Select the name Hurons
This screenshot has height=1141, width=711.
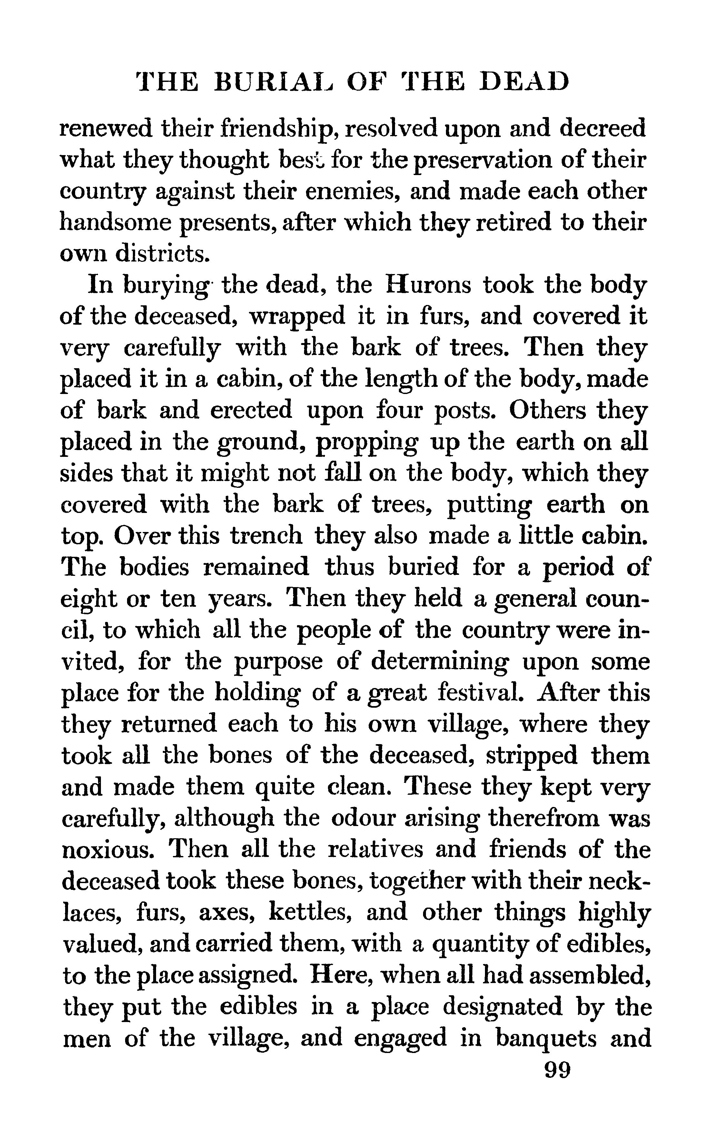click(x=428, y=285)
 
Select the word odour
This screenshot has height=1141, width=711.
click(x=362, y=819)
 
